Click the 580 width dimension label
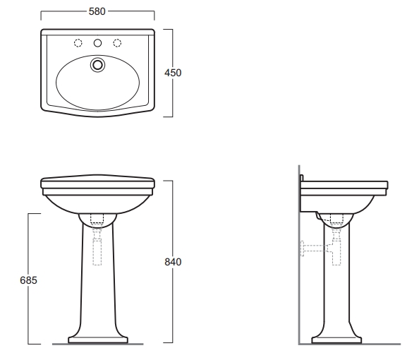pyautogui.click(x=97, y=11)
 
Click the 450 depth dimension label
pyautogui.click(x=173, y=73)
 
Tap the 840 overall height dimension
pyautogui.click(x=173, y=262)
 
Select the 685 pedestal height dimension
pyautogui.click(x=28, y=280)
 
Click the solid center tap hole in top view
pyautogui.click(x=97, y=43)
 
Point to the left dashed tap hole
pyautogui.click(x=78, y=43)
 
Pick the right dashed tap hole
pyautogui.click(x=117, y=43)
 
